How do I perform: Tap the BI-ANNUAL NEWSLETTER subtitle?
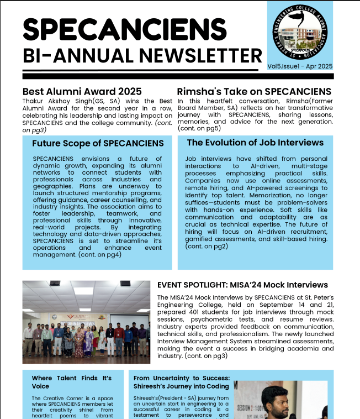142,55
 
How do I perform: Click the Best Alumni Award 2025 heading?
82,91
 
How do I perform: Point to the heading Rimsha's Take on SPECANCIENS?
254,91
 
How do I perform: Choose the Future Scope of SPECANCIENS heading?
98,143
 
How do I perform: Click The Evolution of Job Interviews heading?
255,143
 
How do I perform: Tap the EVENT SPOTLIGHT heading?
242,285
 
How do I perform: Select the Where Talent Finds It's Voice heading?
71,382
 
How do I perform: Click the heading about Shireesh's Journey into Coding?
181,382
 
